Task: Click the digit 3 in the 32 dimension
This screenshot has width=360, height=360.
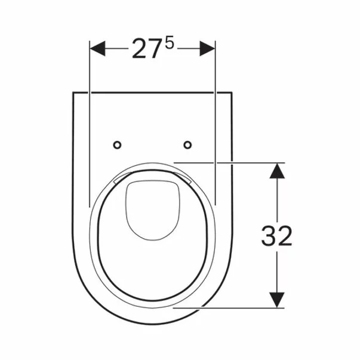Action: (x=269, y=236)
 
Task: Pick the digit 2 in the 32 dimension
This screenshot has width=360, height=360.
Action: (x=284, y=236)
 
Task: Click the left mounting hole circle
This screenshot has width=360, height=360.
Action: (x=117, y=144)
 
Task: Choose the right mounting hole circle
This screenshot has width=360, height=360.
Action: (x=187, y=144)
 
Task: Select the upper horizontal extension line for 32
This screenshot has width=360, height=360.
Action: (x=227, y=161)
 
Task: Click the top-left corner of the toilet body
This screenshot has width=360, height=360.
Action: (x=73, y=93)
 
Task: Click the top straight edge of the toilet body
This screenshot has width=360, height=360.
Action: (x=152, y=93)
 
